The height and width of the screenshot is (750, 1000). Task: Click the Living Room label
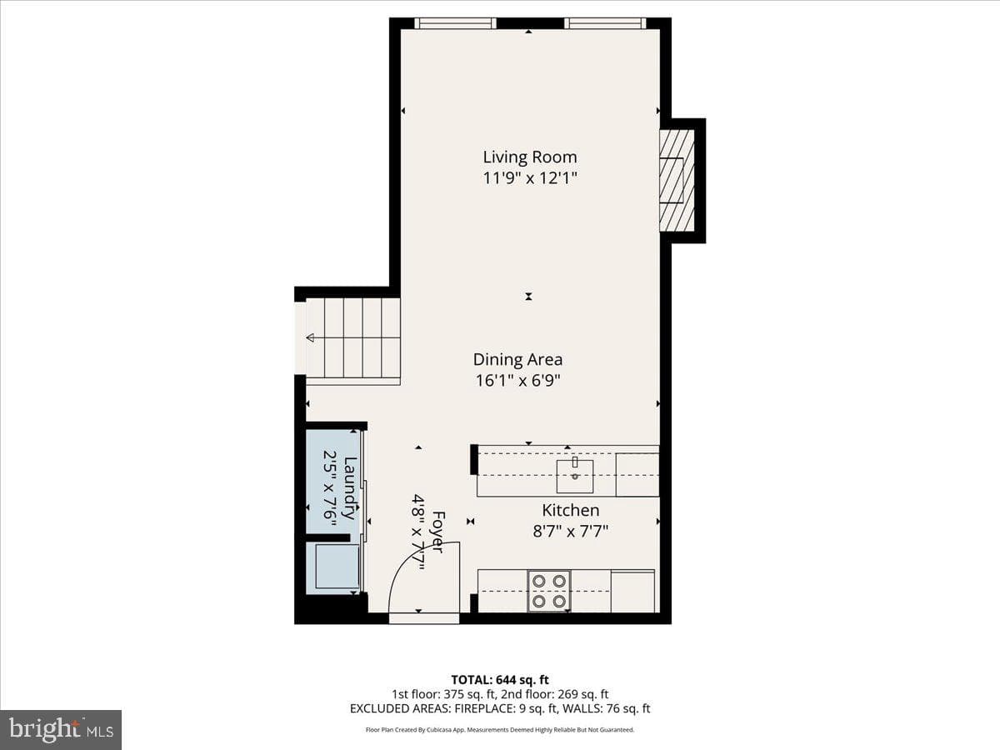pyautogui.click(x=530, y=157)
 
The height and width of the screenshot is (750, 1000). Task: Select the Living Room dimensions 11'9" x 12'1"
pyautogui.click(x=530, y=178)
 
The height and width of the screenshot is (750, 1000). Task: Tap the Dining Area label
pyautogui.click(x=517, y=360)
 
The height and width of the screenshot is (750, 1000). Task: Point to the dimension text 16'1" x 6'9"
pyautogui.click(x=517, y=380)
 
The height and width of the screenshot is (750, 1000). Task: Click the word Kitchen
pyautogui.click(x=570, y=510)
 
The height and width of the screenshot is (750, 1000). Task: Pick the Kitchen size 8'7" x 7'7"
pyautogui.click(x=570, y=531)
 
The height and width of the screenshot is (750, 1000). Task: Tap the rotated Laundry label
pyautogui.click(x=350, y=488)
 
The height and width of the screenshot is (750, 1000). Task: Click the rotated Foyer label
pyautogui.click(x=437, y=532)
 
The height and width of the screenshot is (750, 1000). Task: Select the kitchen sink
pyautogui.click(x=574, y=477)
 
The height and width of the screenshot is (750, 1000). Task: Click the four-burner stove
pyautogui.click(x=549, y=591)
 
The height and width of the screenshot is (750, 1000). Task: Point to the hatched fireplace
pyautogui.click(x=677, y=180)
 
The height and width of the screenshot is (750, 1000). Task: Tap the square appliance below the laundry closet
pyautogui.click(x=337, y=566)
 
